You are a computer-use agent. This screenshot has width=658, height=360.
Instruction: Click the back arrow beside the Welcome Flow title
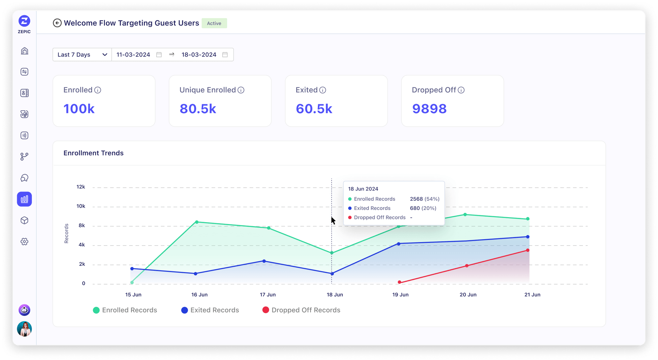click(x=57, y=23)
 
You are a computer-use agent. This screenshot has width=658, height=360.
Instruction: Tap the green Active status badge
click(x=214, y=23)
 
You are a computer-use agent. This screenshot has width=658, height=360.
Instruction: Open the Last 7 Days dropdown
click(x=82, y=55)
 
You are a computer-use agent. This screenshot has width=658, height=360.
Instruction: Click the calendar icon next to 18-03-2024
click(x=225, y=55)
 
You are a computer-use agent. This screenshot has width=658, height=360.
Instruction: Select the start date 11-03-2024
click(x=133, y=55)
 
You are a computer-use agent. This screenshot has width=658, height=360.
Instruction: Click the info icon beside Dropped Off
click(x=461, y=90)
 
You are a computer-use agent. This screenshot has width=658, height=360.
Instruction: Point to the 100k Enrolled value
click(x=79, y=109)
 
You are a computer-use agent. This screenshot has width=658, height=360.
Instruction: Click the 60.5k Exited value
click(x=314, y=109)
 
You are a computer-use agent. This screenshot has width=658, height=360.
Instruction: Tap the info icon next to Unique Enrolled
click(x=241, y=90)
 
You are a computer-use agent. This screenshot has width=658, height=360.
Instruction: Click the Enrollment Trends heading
click(x=93, y=153)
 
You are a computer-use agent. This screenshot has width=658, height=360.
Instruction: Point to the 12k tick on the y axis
click(x=81, y=187)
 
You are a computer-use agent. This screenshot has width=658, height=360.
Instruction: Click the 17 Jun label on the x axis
click(x=268, y=295)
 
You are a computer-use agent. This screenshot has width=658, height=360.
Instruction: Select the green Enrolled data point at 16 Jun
click(x=197, y=222)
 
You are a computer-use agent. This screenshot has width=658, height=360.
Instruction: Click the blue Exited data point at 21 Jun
click(x=528, y=237)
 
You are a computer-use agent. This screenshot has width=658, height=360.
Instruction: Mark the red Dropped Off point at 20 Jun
click(x=467, y=266)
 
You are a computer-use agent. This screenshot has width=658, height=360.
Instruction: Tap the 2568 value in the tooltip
click(x=416, y=199)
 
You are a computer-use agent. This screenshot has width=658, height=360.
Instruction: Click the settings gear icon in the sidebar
click(x=24, y=242)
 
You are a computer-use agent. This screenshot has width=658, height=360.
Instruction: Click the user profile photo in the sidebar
click(x=24, y=329)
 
